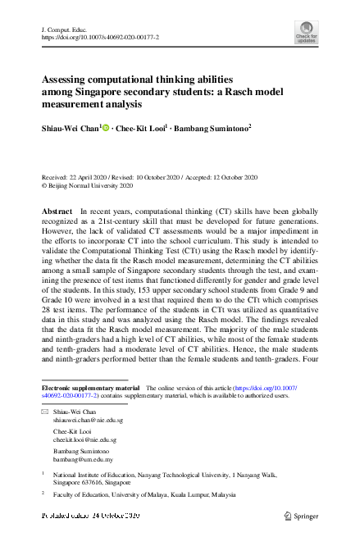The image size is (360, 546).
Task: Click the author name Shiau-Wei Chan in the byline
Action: tap(70, 128)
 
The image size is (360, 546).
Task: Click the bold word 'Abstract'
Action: tap(57, 212)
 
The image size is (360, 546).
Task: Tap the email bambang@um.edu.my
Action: tap(83, 462)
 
